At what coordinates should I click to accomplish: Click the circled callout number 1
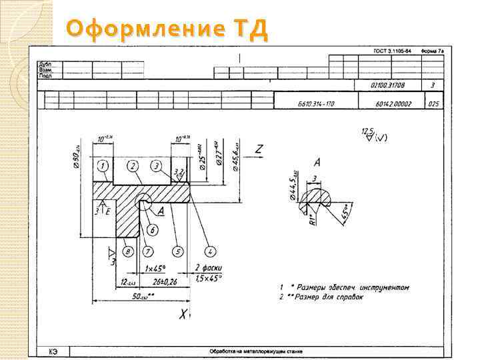click(x=103, y=165)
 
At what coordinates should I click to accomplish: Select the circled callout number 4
click(x=210, y=251)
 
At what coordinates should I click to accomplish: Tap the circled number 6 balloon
click(x=153, y=230)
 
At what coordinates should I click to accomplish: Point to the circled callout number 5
click(x=177, y=251)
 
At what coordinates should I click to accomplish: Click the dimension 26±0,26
click(x=160, y=282)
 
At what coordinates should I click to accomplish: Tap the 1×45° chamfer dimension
click(x=155, y=269)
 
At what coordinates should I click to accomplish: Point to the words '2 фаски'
click(x=207, y=268)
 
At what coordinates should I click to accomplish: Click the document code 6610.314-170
click(x=316, y=104)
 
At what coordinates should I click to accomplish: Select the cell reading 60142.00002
click(x=393, y=104)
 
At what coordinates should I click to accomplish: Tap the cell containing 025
click(x=434, y=104)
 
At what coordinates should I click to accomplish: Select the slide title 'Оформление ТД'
click(x=167, y=29)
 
